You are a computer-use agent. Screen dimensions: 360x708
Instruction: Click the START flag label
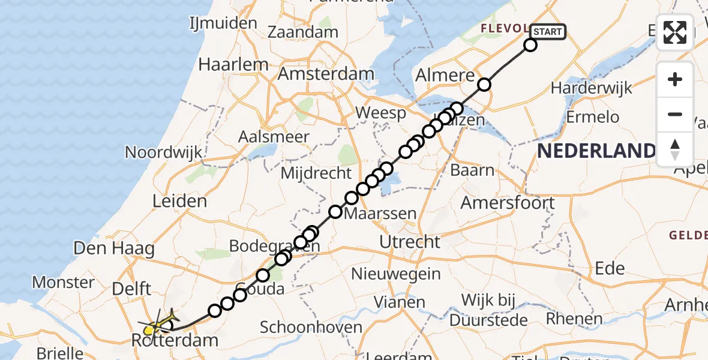[x=547, y=32]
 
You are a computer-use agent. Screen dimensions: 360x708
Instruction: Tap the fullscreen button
[x=675, y=32]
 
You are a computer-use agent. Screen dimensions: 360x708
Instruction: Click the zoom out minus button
[x=675, y=114]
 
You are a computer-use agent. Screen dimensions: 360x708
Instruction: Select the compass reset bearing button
[x=675, y=149]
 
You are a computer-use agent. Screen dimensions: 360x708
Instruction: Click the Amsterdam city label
[x=326, y=74]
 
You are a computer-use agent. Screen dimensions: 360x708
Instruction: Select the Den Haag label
[x=114, y=248]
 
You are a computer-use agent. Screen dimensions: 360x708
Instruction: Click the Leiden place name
[x=180, y=201]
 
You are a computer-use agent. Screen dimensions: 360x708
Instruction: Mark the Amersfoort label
[x=508, y=203]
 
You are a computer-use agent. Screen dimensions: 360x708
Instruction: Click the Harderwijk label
[x=591, y=88]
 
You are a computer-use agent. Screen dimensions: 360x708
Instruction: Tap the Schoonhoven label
[x=311, y=328]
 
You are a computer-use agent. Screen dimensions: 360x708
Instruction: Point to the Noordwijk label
[x=163, y=152]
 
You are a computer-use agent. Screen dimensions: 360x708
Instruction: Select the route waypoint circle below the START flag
[x=530, y=44]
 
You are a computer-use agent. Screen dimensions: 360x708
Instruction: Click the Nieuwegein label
[x=396, y=274]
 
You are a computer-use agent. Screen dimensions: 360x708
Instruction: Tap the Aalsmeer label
[x=274, y=137]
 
